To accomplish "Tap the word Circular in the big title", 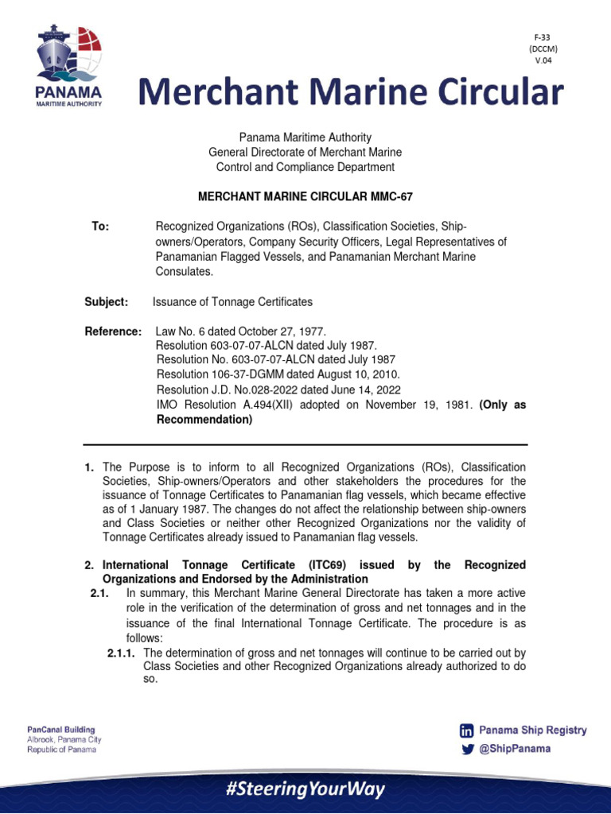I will tap(488, 93).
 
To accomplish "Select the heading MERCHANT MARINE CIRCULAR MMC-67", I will tap(305, 196).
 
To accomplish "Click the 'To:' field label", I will tap(100, 227).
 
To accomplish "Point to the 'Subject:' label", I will tap(106, 302).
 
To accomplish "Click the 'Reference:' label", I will tap(113, 331).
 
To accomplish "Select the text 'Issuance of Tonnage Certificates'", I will tap(232, 302).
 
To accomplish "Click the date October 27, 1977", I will tap(282, 331).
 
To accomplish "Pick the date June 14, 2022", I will tap(365, 390).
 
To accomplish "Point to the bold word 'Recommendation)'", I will tap(204, 420).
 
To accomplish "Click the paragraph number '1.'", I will tap(90, 467).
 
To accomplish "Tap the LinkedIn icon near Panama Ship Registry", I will tap(467, 731).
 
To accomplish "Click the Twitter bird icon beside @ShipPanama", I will tap(467, 749).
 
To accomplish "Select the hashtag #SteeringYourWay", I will tap(305, 789).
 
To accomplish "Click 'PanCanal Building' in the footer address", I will tap(61, 729).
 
